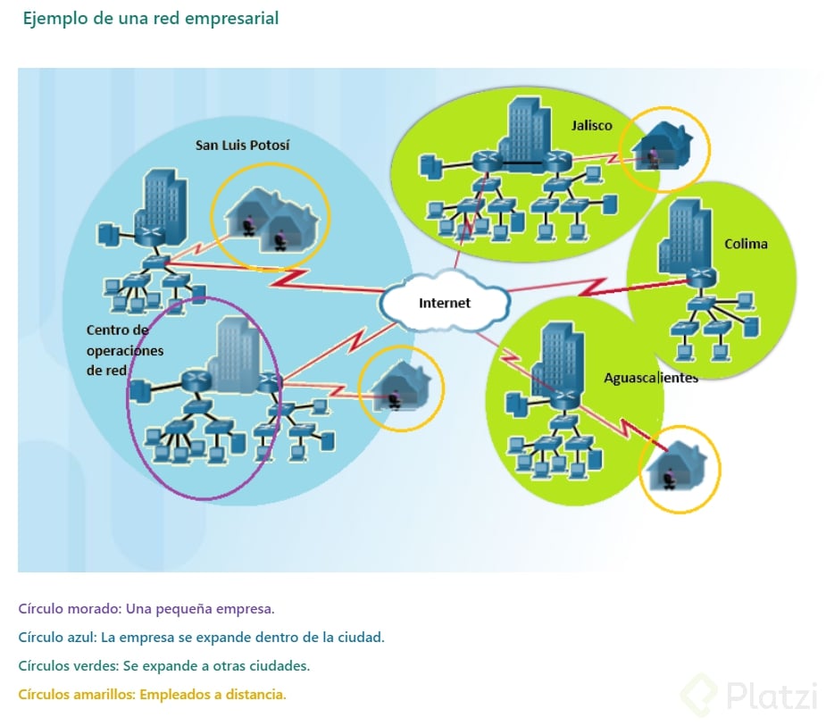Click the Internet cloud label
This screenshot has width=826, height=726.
(x=445, y=303)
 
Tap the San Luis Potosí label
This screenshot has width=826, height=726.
(x=242, y=145)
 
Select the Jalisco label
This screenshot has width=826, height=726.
(x=592, y=125)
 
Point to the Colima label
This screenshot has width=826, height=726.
(x=746, y=244)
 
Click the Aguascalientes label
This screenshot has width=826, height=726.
(x=650, y=378)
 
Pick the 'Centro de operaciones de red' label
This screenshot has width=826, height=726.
(x=125, y=350)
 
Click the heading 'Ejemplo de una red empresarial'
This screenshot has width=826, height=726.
(x=151, y=18)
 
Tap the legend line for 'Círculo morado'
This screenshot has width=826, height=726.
(x=146, y=609)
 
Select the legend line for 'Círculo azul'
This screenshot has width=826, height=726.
(x=201, y=638)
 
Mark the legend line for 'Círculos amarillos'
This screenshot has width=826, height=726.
(x=152, y=695)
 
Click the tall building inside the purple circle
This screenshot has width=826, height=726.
(x=235, y=352)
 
